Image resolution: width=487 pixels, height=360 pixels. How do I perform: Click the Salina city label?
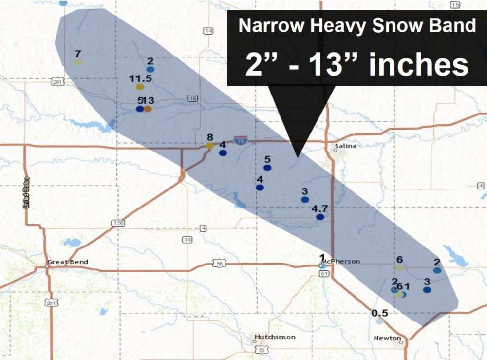click(346, 146)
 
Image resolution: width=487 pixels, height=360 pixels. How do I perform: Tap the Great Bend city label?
click(68, 262)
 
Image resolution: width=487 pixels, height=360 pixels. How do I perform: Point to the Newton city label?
click(387, 338)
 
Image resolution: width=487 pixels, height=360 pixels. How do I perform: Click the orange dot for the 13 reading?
click(148, 109)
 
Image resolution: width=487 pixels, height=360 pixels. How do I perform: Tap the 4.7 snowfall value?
click(320, 208)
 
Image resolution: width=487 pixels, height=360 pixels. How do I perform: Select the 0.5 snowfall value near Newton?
click(380, 313)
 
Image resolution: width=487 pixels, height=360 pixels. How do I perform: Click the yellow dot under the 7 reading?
click(77, 62)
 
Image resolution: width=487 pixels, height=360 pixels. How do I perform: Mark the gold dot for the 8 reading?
click(209, 145)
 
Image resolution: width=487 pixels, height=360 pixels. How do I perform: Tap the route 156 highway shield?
click(119, 223)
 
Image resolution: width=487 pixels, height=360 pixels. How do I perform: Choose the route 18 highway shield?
click(193, 99)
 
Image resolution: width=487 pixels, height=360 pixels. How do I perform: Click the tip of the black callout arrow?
click(297, 156)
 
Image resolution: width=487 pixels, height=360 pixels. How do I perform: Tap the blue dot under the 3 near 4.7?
click(305, 199)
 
